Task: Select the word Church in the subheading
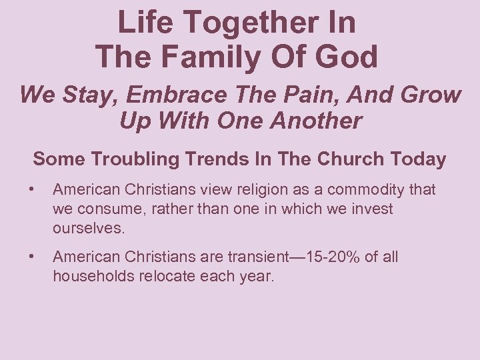353,159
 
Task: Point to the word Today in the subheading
419,159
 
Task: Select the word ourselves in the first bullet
89,228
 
